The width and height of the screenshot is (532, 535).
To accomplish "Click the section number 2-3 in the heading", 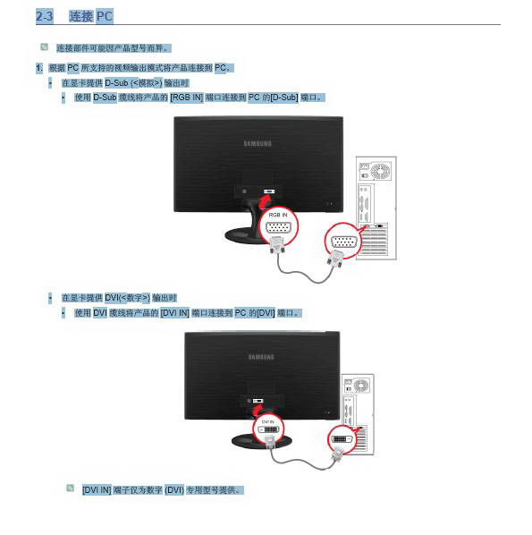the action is coord(45,16).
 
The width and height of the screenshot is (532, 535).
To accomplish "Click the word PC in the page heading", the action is coord(105,16).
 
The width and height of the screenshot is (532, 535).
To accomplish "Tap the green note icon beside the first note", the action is coord(44,47).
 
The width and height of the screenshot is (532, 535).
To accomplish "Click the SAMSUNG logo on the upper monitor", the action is coord(258,144).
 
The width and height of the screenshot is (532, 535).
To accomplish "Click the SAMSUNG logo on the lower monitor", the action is coord(261,357).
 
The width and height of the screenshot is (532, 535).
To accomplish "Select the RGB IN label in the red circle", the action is coord(278,215).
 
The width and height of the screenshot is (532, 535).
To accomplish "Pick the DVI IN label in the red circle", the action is coord(267,422).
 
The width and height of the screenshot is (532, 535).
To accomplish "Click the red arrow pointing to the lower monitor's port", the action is coord(257,410).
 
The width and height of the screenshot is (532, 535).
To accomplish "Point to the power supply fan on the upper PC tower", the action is coord(380,171).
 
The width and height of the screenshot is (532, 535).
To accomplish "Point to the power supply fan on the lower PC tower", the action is coord(361,386).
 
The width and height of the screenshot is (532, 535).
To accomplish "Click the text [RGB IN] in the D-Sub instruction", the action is coord(187,98).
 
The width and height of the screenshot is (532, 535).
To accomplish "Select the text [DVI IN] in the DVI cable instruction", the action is coord(174,313).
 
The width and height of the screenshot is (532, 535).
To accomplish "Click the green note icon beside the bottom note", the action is coord(70,488).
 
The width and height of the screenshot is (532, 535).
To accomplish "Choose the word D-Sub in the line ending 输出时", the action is coord(116,83).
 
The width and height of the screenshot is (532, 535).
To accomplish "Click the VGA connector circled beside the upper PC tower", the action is coord(344,242).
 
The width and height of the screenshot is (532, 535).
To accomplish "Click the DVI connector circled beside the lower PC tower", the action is coord(342,439).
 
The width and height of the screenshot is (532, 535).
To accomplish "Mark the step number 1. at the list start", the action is coord(39,68).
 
